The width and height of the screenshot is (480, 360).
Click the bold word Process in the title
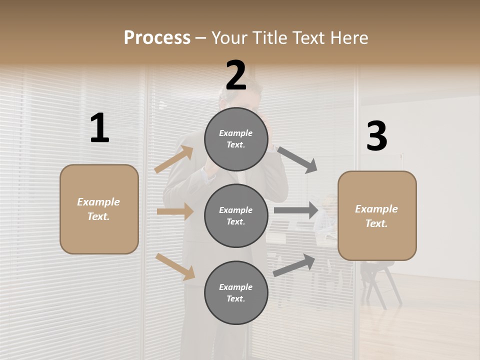pyautogui.click(x=157, y=37)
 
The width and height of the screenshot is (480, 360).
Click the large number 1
pyautogui.click(x=99, y=128)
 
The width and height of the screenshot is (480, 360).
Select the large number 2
pyautogui.click(x=236, y=75)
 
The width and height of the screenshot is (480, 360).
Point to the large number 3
pyautogui.click(x=376, y=136)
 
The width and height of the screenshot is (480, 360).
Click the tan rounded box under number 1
pyautogui.click(x=99, y=209)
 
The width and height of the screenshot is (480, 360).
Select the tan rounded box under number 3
pyautogui.click(x=377, y=216)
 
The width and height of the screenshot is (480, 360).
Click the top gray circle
pyautogui.click(x=236, y=139)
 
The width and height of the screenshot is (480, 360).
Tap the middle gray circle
pyautogui.click(x=236, y=216)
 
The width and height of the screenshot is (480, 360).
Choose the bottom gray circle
pyautogui.click(x=236, y=293)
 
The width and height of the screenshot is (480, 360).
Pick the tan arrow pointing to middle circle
pyautogui.click(x=175, y=211)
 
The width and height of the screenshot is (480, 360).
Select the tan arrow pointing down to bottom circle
pyautogui.click(x=175, y=266)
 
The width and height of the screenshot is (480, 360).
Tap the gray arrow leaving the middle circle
pyautogui.click(x=296, y=210)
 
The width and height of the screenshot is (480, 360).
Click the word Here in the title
pyautogui.click(x=348, y=37)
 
